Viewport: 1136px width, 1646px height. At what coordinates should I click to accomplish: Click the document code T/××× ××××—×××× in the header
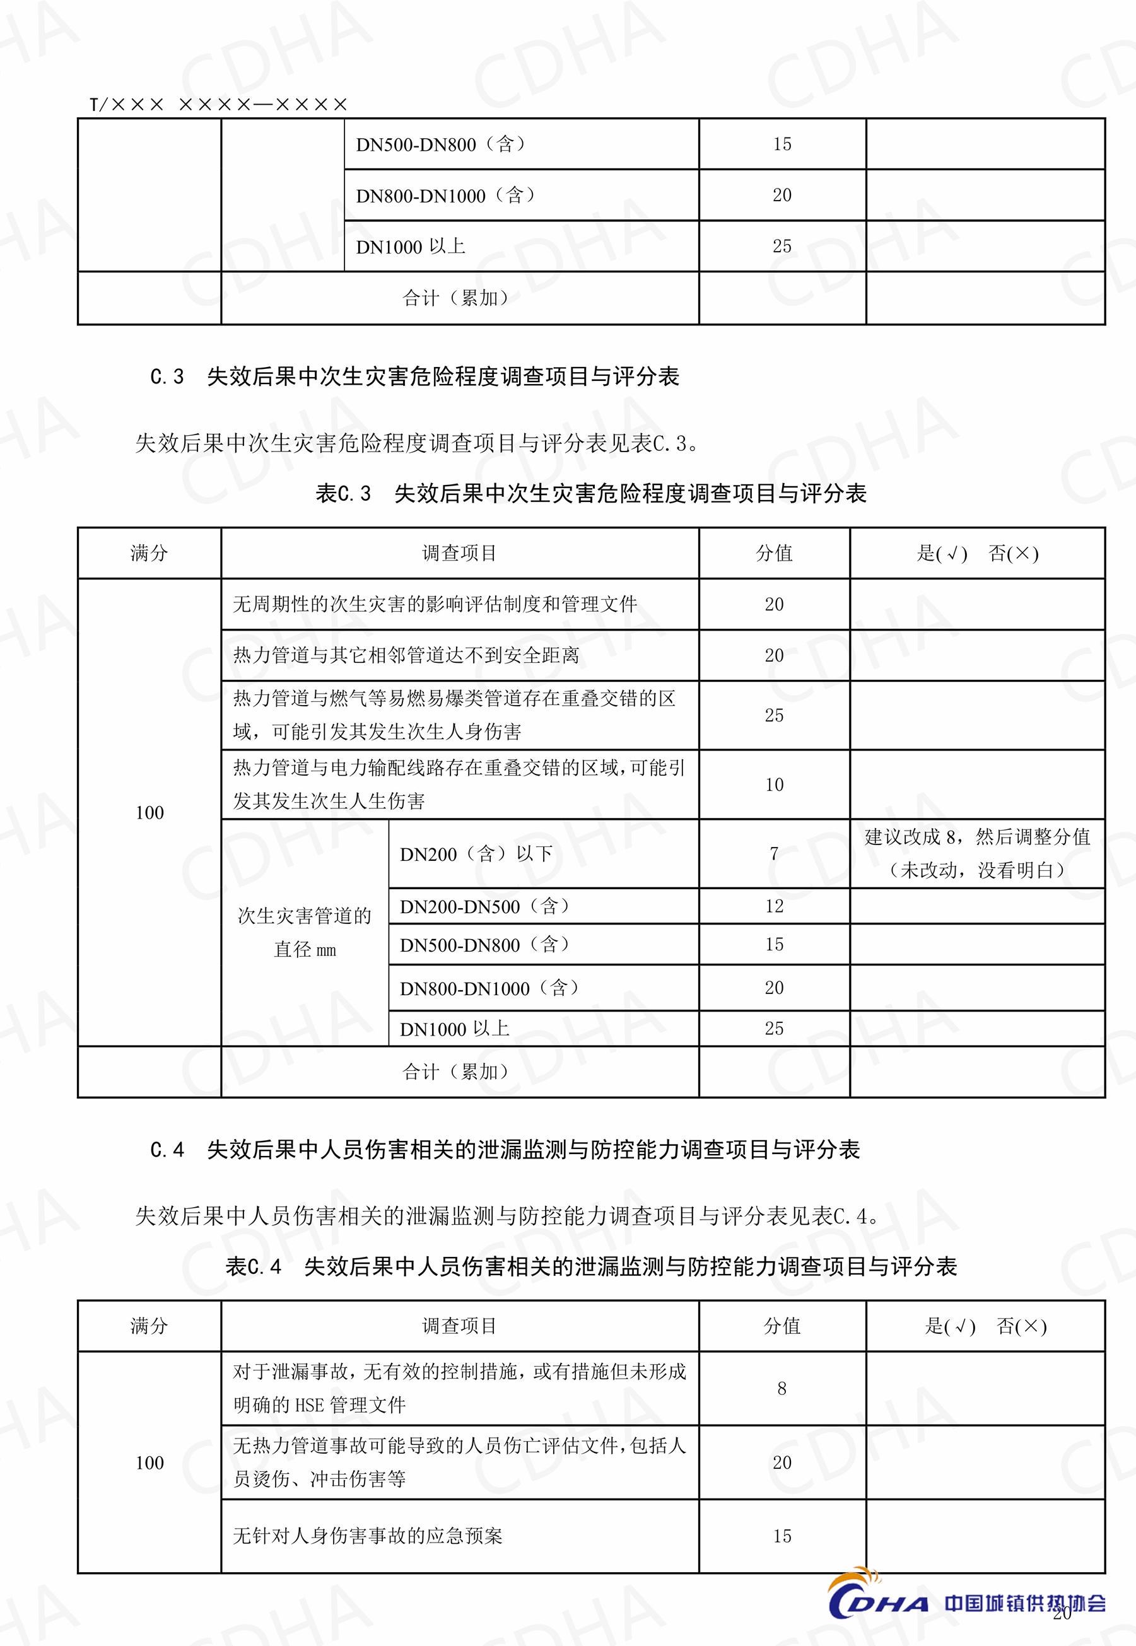pyautogui.click(x=218, y=105)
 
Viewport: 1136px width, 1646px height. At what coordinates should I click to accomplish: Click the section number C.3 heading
pyautogui.click(x=167, y=376)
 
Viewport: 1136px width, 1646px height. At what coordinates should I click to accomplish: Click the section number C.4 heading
pyautogui.click(x=167, y=1149)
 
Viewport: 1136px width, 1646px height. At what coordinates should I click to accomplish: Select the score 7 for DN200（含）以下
pyautogui.click(x=774, y=853)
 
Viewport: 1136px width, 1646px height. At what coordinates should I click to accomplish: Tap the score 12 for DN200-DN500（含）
pyautogui.click(x=774, y=906)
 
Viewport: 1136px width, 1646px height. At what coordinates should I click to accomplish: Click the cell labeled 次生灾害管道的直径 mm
pyautogui.click(x=305, y=932)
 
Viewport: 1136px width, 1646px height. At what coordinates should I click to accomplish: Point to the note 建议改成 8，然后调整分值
pyautogui.click(x=976, y=838)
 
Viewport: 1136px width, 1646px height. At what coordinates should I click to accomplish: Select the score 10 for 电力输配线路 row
pyautogui.click(x=774, y=785)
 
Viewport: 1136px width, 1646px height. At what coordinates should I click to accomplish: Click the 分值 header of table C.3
pyautogui.click(x=774, y=553)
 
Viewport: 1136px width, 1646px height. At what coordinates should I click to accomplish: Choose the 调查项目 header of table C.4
pyautogui.click(x=459, y=1326)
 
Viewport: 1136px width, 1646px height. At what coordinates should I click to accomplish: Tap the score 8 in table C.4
pyautogui.click(x=782, y=1389)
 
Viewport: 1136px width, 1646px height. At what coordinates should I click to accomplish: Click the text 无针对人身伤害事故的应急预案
pyautogui.click(x=367, y=1536)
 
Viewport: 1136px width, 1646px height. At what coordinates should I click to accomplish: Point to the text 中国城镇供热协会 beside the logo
pyautogui.click(x=1024, y=1602)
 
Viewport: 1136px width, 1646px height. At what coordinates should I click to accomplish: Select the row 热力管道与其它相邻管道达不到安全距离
pyautogui.click(x=406, y=655)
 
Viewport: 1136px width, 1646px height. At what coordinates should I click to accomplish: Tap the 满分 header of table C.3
pyautogui.click(x=149, y=553)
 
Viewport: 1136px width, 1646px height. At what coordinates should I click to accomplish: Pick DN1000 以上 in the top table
pyautogui.click(x=410, y=246)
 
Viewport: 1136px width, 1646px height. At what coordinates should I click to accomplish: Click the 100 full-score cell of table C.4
pyautogui.click(x=149, y=1462)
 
